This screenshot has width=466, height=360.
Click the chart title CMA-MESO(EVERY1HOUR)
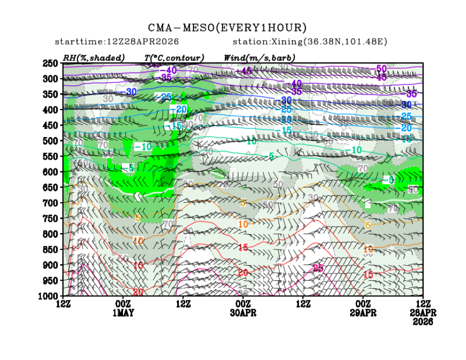pyautogui.click(x=228, y=28)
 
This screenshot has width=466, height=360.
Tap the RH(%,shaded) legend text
pyautogui.click(x=94, y=57)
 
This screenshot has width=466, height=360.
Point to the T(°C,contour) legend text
pyautogui.click(x=174, y=57)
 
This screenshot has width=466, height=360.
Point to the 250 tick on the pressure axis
pyautogui.click(x=50, y=63)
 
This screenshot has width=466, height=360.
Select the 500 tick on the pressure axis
pyautogui.click(x=50, y=141)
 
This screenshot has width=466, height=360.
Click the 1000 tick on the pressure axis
pyautogui.click(x=48, y=296)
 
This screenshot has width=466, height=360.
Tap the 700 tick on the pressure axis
pyautogui.click(x=50, y=203)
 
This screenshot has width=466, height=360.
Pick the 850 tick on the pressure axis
pyautogui.click(x=50, y=249)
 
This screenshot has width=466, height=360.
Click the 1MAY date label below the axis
pyautogui.click(x=124, y=313)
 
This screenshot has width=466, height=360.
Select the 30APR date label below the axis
pyautogui.click(x=243, y=313)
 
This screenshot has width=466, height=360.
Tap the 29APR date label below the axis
pyautogui.click(x=363, y=313)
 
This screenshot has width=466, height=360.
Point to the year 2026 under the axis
pyautogui.click(x=422, y=322)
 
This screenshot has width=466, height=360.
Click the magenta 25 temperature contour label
pyautogui.click(x=318, y=268)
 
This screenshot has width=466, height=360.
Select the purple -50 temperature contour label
pyautogui.click(x=381, y=68)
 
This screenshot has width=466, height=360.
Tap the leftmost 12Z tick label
pyautogui.click(x=63, y=304)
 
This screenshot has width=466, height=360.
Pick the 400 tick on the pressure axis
pyautogui.click(x=50, y=110)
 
